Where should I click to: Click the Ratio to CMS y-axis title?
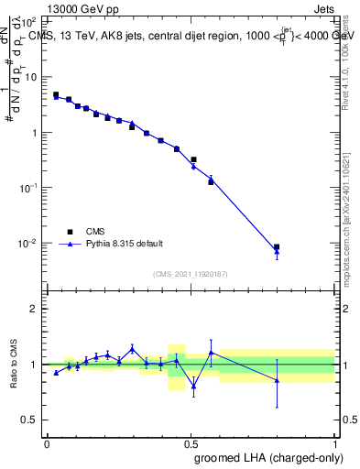(14, 365)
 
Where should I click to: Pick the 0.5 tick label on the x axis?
(191, 443)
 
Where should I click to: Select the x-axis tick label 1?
(336, 443)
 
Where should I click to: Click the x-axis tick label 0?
(47, 443)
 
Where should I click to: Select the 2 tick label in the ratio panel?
(35, 310)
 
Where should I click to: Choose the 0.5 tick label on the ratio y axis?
(30, 420)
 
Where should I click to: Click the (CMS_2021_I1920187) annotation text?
(191, 273)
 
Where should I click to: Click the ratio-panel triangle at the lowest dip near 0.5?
(193, 387)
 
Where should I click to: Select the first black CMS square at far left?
(56, 94)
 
